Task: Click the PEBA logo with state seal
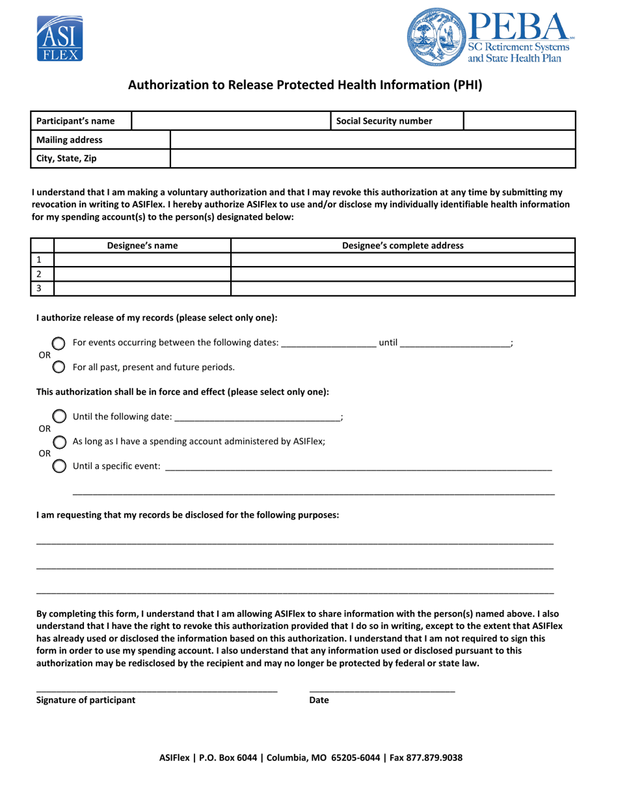point(490,37)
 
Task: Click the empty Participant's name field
point(231,121)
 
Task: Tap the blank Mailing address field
point(372,140)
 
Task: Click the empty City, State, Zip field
point(372,159)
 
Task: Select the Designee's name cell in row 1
point(142,260)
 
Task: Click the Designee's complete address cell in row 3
point(403,288)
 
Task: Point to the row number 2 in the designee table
point(39,274)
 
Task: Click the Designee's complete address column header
point(403,245)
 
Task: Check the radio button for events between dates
point(59,343)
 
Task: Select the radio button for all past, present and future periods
point(59,367)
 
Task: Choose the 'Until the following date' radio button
point(59,416)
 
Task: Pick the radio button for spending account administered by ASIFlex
point(59,442)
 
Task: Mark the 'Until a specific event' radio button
point(59,466)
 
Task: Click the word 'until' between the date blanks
point(388,342)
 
